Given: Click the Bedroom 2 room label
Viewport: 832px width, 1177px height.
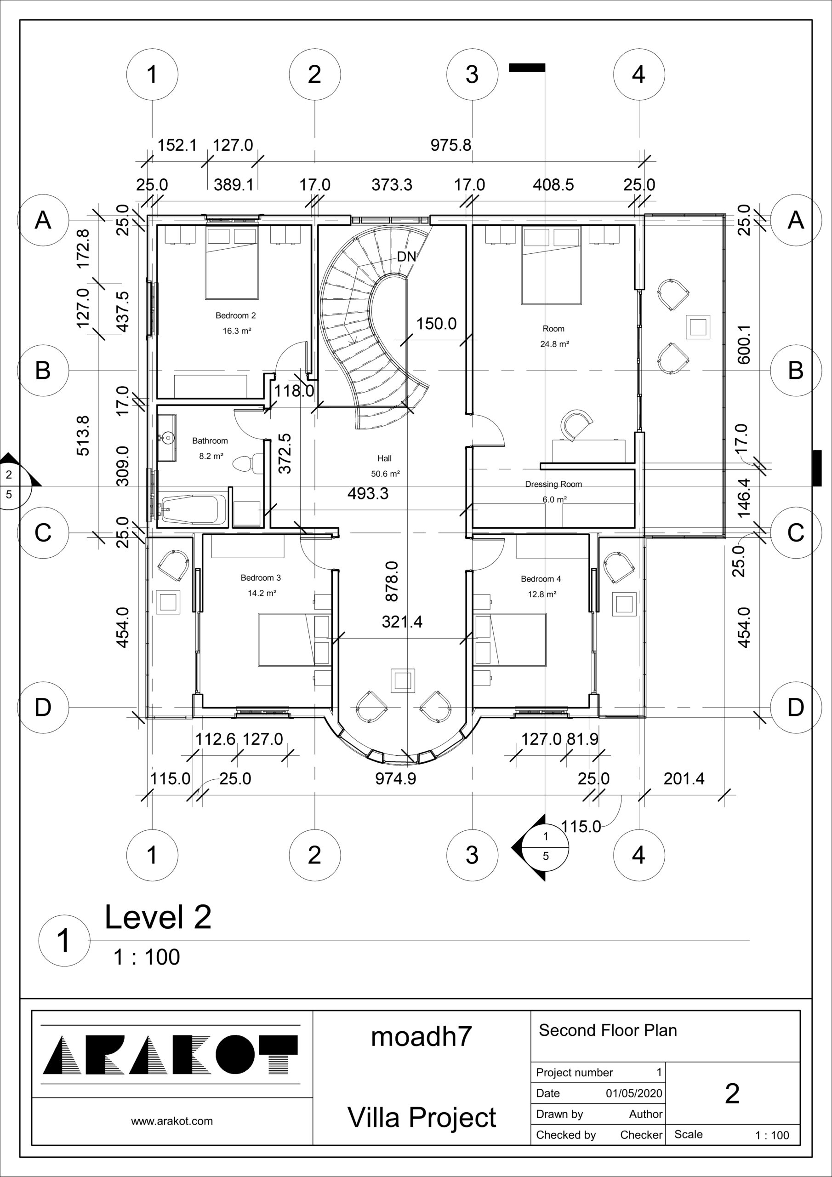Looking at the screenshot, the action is (x=235, y=316).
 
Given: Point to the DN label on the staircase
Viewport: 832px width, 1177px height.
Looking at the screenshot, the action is (x=406, y=256).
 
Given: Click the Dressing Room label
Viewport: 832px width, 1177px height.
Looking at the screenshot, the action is (x=553, y=484).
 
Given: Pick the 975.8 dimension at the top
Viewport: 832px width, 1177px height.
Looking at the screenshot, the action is (x=450, y=145).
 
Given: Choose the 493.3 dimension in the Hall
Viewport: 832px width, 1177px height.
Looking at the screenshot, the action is (x=368, y=494).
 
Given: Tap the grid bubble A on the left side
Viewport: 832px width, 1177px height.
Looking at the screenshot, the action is (x=43, y=220).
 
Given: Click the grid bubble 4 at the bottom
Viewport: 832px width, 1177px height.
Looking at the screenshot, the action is (x=639, y=855).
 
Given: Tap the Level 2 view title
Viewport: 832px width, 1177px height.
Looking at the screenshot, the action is (x=158, y=917).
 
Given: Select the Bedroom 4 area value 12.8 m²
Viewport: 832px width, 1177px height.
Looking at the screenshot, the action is (x=542, y=594).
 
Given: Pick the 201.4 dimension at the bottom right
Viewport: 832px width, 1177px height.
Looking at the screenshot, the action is (x=684, y=779).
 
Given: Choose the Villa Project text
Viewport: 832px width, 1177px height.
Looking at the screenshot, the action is (x=422, y=1118).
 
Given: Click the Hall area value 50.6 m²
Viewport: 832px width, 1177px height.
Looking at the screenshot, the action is (x=386, y=474).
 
